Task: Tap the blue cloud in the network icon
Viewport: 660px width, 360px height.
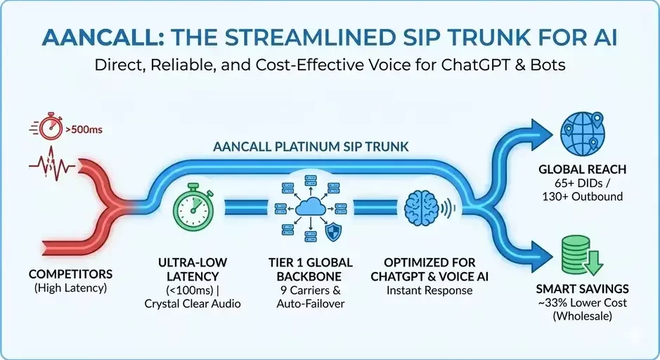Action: point(310,205)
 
